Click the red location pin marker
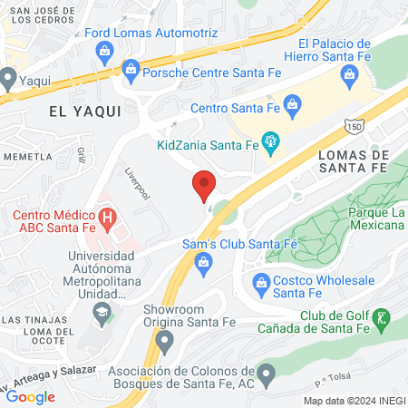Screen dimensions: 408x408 204,184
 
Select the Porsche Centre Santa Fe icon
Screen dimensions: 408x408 131,68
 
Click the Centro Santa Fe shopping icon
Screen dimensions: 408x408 293,106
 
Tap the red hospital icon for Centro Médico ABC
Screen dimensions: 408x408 107,219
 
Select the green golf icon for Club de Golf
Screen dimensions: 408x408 382,316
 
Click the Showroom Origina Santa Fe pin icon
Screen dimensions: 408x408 164,342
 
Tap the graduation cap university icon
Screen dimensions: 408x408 102,314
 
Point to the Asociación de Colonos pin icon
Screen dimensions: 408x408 266,372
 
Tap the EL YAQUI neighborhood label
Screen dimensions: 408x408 78,112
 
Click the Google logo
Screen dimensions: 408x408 31,396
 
